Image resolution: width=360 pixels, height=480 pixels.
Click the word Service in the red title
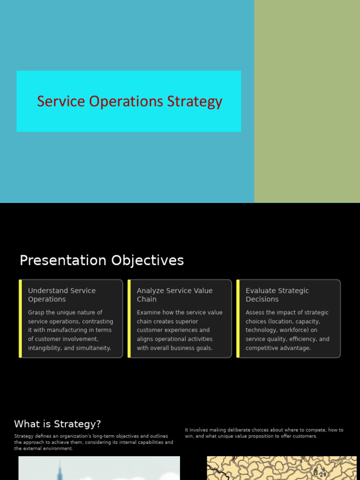tap(61, 101)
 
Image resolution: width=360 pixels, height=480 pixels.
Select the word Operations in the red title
tap(126, 102)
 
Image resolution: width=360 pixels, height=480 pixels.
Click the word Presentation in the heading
tap(63, 260)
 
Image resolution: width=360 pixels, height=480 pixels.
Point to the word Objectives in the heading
tap(148, 261)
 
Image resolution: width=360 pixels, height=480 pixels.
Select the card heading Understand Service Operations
tap(62, 295)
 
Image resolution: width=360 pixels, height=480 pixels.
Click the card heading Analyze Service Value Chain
tap(175, 295)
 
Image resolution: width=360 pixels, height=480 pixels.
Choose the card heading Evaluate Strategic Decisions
tap(277, 295)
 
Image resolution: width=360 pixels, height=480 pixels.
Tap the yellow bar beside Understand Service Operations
tap(21, 318)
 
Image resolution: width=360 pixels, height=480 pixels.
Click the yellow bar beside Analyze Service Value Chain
tap(129, 318)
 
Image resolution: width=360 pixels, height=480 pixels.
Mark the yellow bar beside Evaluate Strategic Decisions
tap(238, 318)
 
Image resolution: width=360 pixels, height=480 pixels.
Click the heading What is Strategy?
tap(58, 424)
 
